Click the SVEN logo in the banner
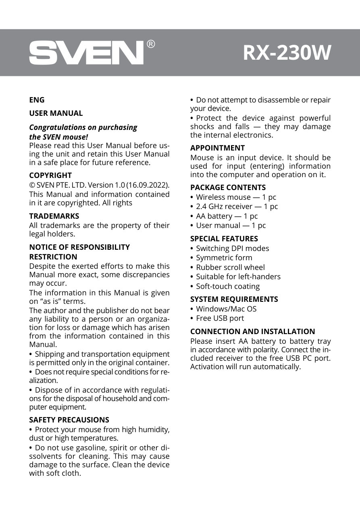86,53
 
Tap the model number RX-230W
287,53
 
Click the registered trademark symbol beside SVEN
150,44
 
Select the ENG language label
37,100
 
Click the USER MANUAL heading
56,113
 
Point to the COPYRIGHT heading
50,176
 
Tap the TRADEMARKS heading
54,216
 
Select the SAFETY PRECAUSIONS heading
69,420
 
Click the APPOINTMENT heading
217,148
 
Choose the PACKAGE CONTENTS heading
228,188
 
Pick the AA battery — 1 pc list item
227,216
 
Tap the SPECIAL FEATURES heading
224,239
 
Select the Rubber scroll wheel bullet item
230,268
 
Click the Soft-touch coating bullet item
228,286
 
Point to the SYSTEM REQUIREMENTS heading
234,299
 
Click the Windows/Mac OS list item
226,309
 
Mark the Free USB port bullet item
220,318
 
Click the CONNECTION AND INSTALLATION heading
252,332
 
